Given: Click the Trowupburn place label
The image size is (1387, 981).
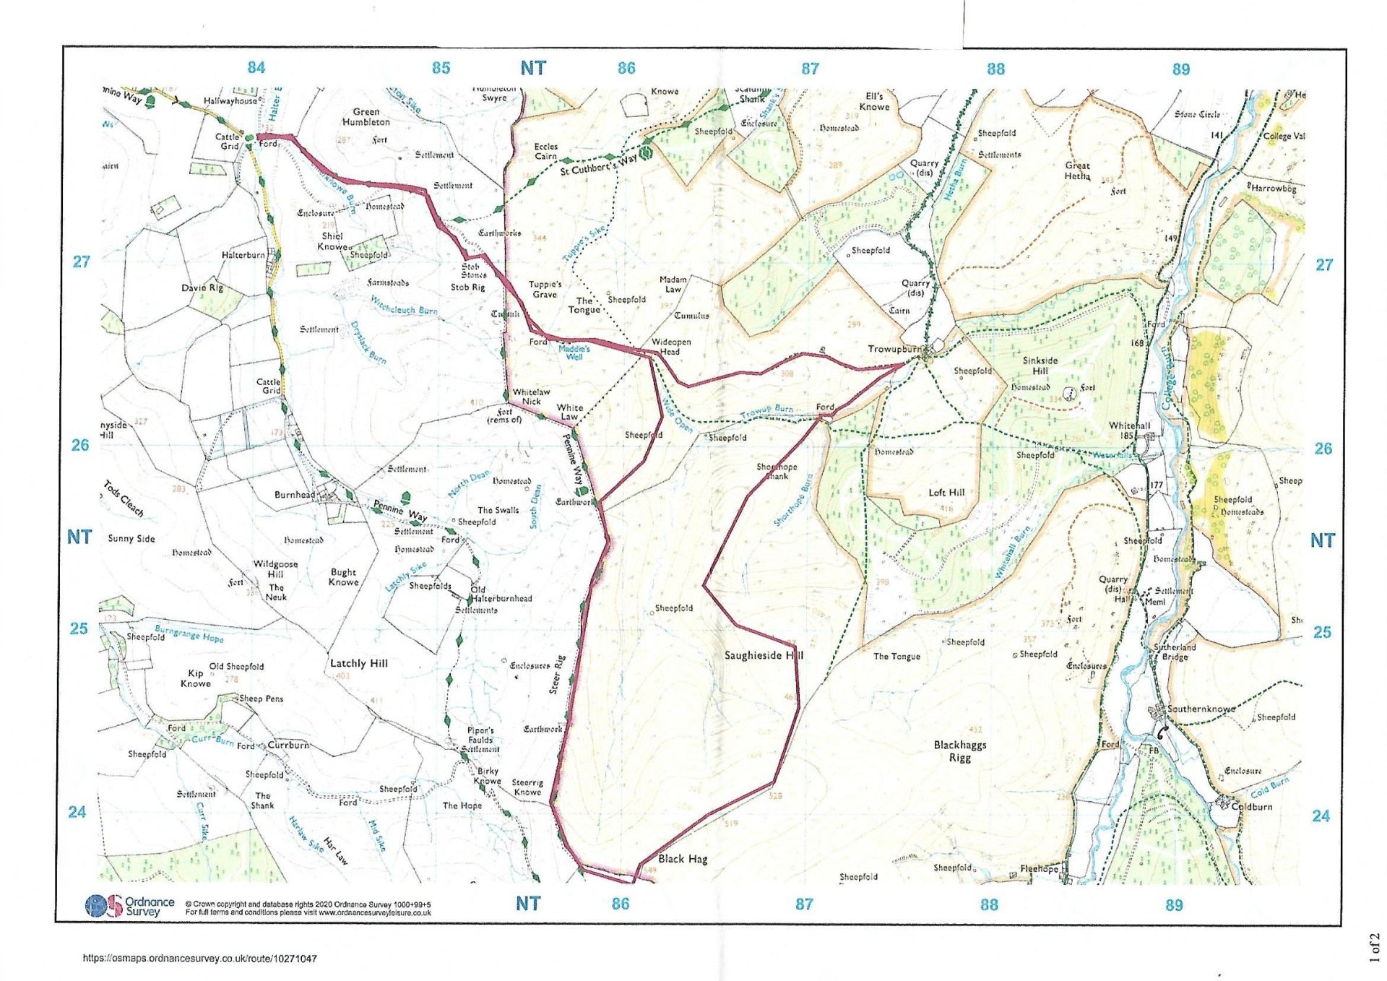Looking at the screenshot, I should pyautogui.click(x=894, y=349).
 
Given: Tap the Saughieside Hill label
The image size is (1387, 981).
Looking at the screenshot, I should pyautogui.click(x=763, y=655).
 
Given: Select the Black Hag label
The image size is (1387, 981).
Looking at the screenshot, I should pyautogui.click(x=682, y=859).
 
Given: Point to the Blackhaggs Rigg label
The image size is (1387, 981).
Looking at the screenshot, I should pyautogui.click(x=959, y=751).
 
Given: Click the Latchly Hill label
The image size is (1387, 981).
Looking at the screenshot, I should pyautogui.click(x=358, y=663).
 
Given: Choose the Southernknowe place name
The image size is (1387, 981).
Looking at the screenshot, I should pyautogui.click(x=1201, y=709).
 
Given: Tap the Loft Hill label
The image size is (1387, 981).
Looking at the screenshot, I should pyautogui.click(x=946, y=493).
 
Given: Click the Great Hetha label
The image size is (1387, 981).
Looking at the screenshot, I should pyautogui.click(x=1077, y=170).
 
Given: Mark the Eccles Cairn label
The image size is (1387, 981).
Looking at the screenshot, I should pyautogui.click(x=545, y=151).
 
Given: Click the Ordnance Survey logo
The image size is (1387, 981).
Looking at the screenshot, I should pyautogui.click(x=129, y=906).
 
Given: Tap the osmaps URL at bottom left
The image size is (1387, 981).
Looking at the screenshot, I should pyautogui.click(x=199, y=959).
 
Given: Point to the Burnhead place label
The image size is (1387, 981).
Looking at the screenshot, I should pyautogui.click(x=295, y=495).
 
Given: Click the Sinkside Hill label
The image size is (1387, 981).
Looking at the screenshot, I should pyautogui.click(x=1040, y=366).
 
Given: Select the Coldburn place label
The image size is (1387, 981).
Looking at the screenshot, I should pyautogui.click(x=1251, y=806).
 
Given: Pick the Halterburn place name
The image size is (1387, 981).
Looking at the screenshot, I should pyautogui.click(x=243, y=255).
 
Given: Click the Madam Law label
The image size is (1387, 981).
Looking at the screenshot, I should pyautogui.click(x=673, y=284).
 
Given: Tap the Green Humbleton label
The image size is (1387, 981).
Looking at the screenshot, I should pyautogui.click(x=366, y=117).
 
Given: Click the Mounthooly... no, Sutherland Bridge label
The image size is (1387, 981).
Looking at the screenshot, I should pyautogui.click(x=1175, y=652).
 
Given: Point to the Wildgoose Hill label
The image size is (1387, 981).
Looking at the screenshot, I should pyautogui.click(x=275, y=569).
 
